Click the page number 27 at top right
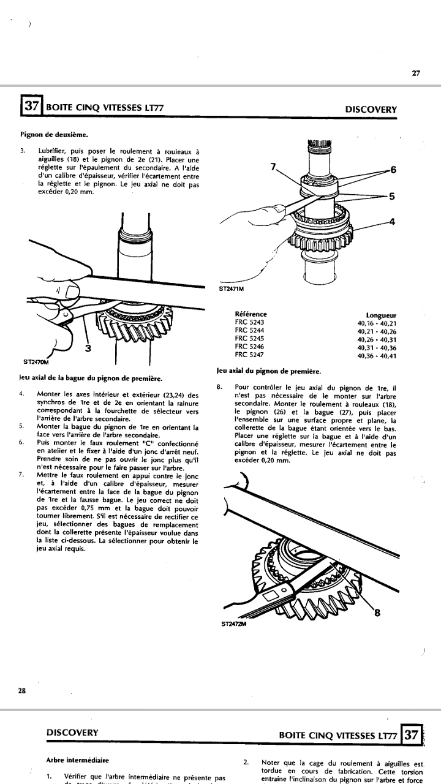(x=416, y=73)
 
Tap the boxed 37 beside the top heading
(x=31, y=107)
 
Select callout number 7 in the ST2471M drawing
(x=274, y=165)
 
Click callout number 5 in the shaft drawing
(x=392, y=196)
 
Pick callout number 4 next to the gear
(x=392, y=222)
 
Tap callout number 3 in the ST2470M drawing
(x=88, y=349)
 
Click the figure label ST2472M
(x=233, y=625)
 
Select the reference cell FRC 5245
(x=249, y=339)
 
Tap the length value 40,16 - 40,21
(x=377, y=323)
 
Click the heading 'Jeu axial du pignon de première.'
(x=269, y=371)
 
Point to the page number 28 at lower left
(x=21, y=690)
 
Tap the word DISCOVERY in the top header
(x=371, y=110)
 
